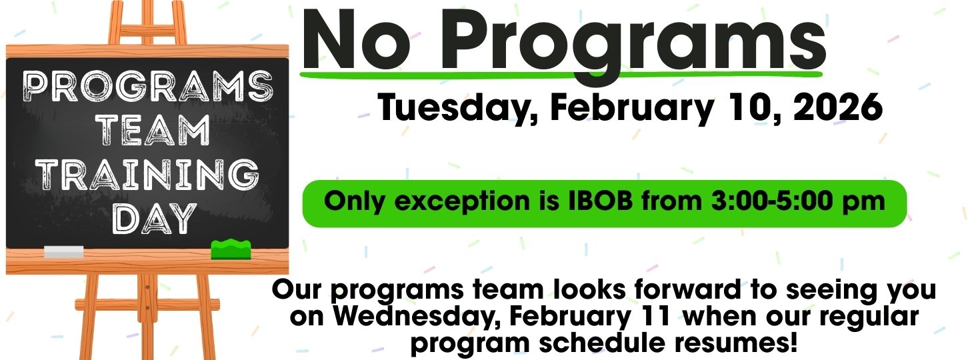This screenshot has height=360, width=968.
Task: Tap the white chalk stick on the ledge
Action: (x=64, y=252)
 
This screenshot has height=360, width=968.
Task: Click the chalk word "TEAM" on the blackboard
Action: (x=153, y=129)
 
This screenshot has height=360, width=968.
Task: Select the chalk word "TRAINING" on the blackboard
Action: (x=147, y=175)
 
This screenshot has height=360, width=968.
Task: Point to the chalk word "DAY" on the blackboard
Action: (x=153, y=218)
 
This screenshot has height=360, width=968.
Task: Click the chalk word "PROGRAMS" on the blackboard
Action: (x=148, y=86)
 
